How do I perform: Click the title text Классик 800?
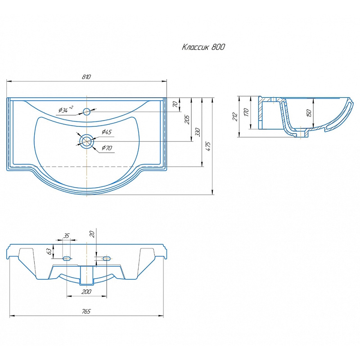pyautogui.click(x=203, y=47)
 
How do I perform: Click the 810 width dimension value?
pyautogui.click(x=86, y=76)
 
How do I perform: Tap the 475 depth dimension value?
pyautogui.click(x=208, y=147)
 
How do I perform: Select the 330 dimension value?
pyautogui.click(x=198, y=132)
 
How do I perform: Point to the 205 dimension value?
pyautogui.click(x=187, y=120)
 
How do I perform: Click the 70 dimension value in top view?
pyautogui.click(x=175, y=104)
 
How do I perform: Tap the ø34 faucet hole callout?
pyautogui.click(x=66, y=109)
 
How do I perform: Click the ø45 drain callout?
pyautogui.click(x=107, y=132)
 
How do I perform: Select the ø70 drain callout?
pyautogui.click(x=107, y=148)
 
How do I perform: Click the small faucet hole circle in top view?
pyautogui.click(x=86, y=112)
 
